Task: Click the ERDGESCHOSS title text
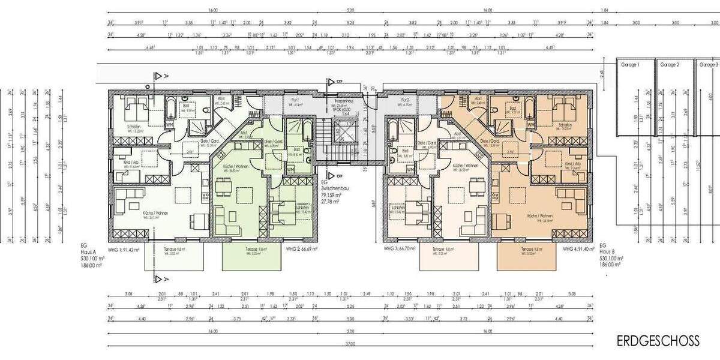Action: [x=658, y=341]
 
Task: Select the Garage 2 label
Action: [x=669, y=64]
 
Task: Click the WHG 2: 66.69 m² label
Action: [x=302, y=248]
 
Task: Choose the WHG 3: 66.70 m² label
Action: [x=400, y=248]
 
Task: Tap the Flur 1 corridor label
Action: [x=295, y=100]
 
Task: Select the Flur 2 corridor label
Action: [x=405, y=100]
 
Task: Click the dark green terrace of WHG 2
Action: [x=251, y=259]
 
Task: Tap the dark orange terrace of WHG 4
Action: [x=526, y=259]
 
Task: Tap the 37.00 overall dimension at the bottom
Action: [x=350, y=344]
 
